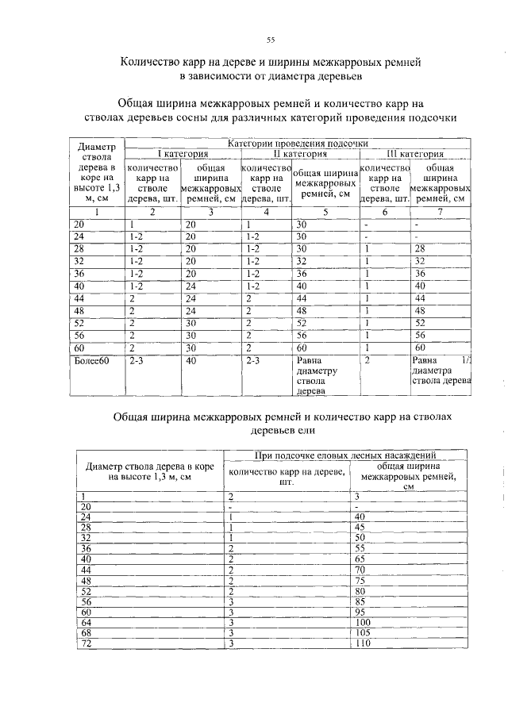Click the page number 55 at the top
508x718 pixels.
click(270, 40)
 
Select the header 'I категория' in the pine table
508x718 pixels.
click(182, 154)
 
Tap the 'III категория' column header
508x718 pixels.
click(415, 154)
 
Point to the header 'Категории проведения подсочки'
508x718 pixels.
click(298, 144)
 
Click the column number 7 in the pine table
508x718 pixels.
click(439, 212)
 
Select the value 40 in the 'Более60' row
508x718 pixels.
click(190, 360)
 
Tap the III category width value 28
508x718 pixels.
click(420, 248)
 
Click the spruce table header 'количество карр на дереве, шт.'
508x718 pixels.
click(287, 476)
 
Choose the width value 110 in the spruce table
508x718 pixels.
click(364, 643)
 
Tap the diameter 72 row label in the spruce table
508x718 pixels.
click(85, 643)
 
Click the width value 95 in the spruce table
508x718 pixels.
click(362, 612)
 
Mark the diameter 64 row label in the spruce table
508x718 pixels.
click(85, 622)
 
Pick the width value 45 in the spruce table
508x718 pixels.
click(361, 527)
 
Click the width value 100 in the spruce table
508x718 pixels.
click(364, 622)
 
